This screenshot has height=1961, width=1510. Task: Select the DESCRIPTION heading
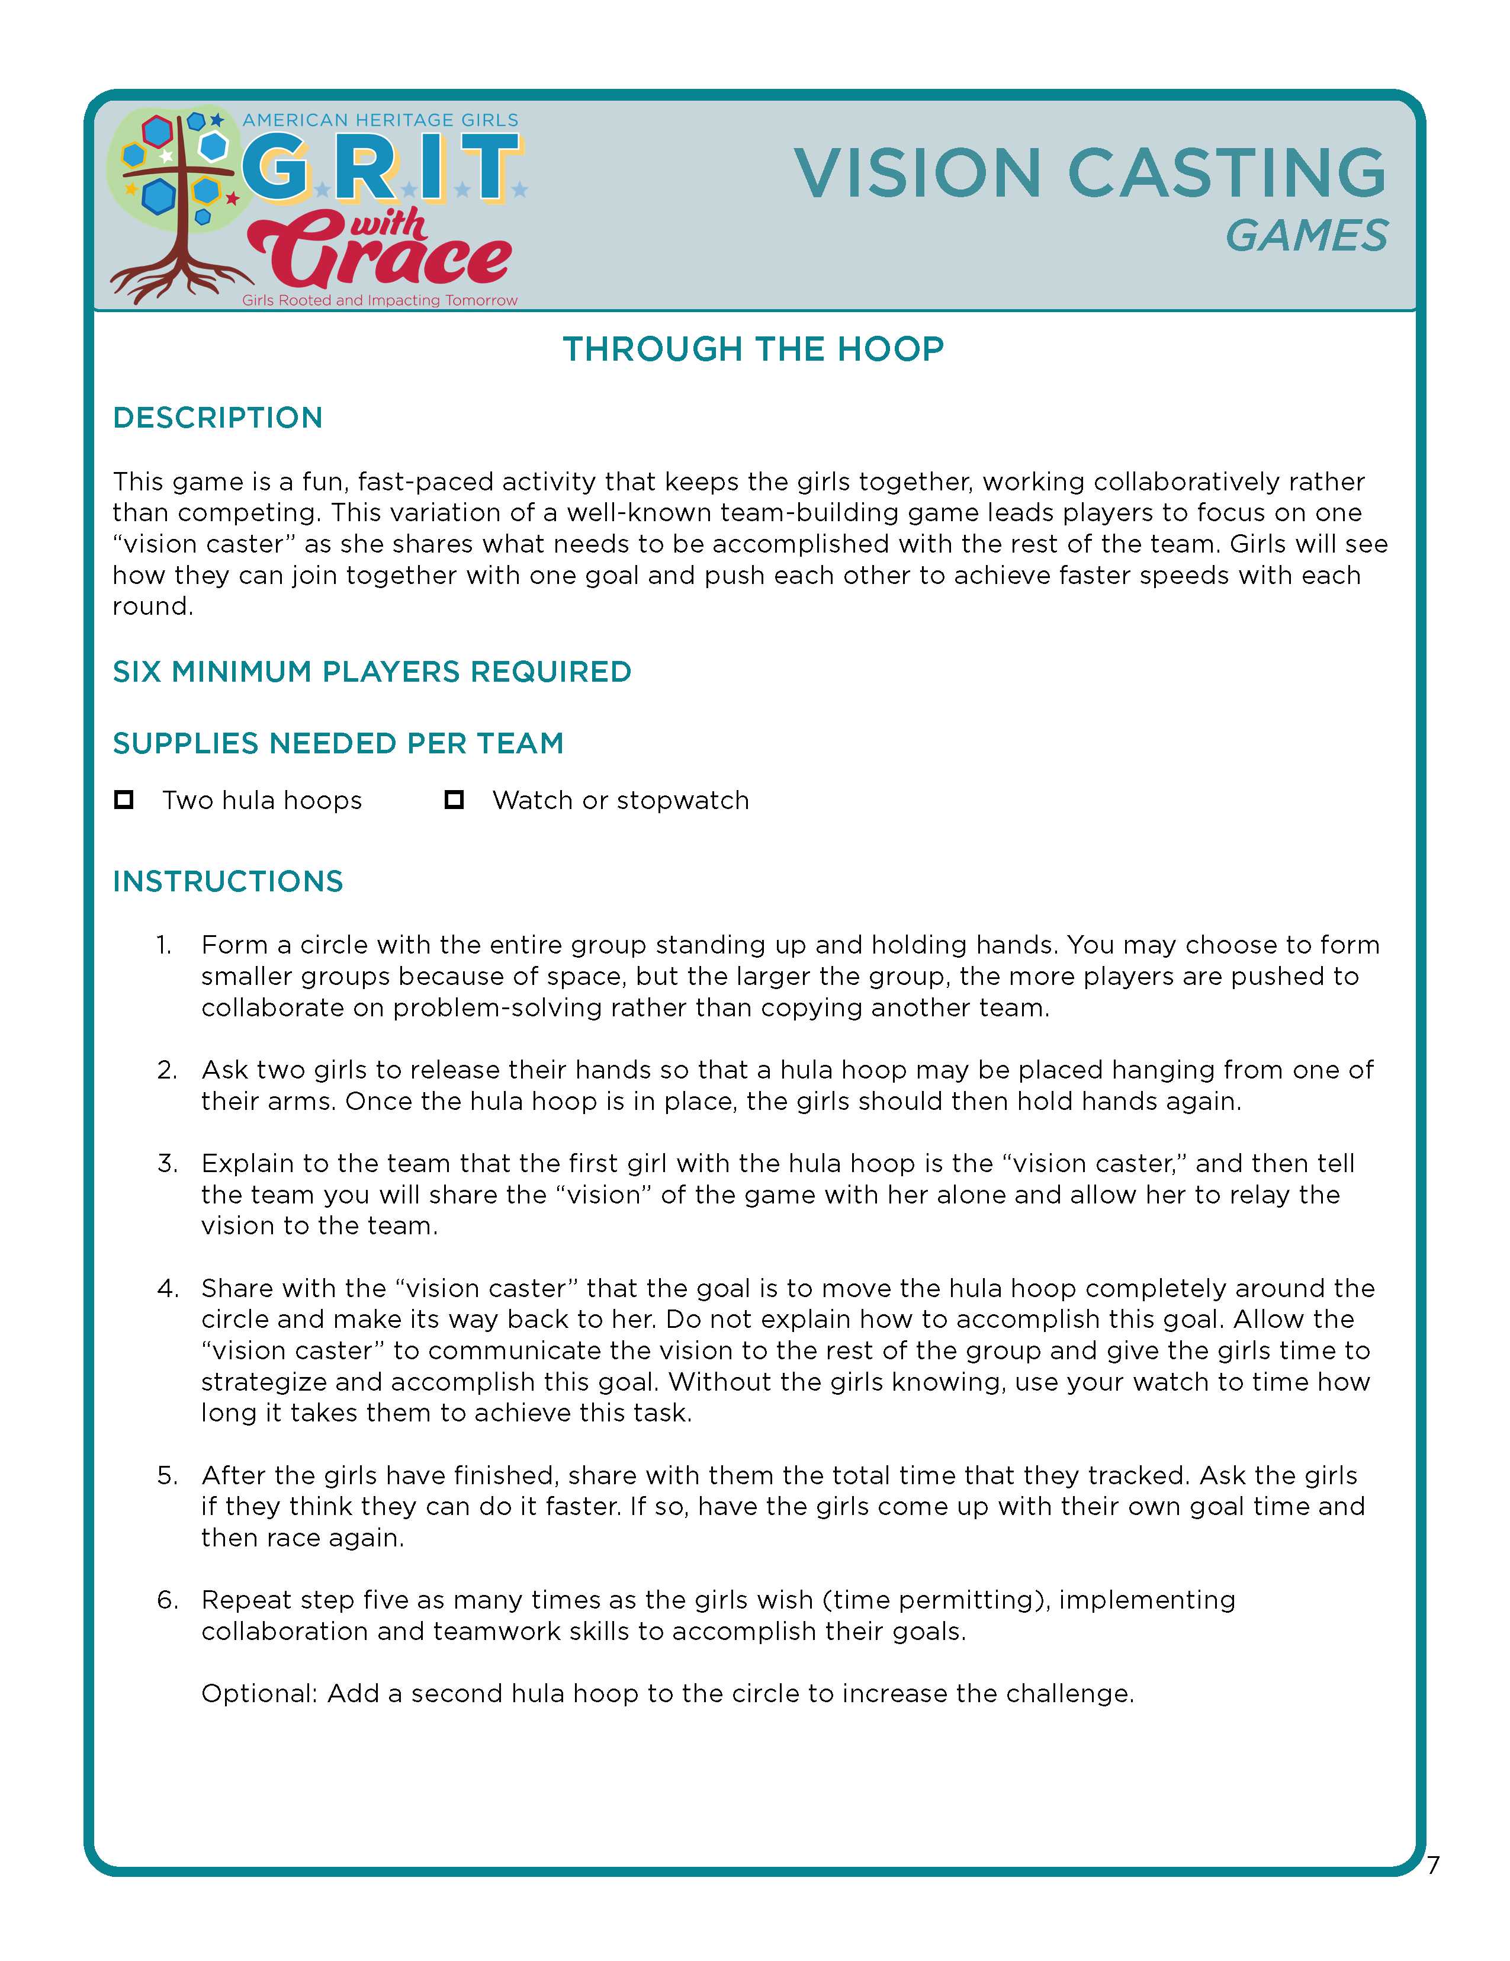click(217, 418)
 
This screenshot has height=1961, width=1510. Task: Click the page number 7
click(1433, 1865)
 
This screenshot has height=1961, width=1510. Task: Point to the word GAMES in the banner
click(1306, 236)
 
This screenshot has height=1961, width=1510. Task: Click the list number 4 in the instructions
click(167, 1288)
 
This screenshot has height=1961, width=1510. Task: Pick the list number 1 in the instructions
click(163, 945)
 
